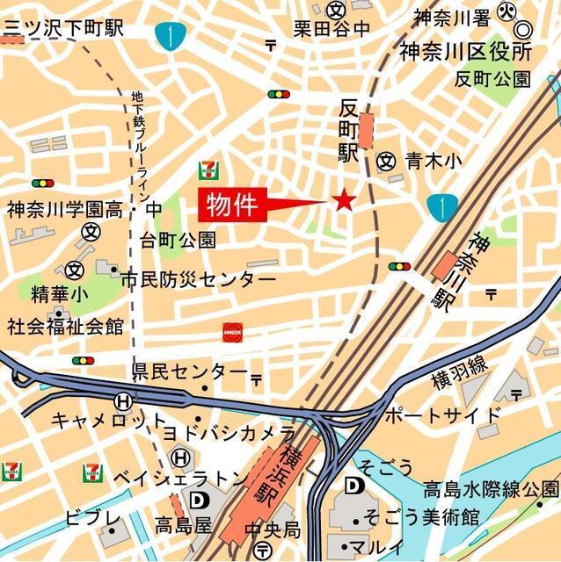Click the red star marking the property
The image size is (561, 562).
click(x=343, y=202)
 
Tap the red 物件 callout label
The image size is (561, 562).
click(x=232, y=205)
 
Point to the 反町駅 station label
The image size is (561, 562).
click(x=349, y=131)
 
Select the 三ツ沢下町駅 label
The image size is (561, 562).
click(x=62, y=27)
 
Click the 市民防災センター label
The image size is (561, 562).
click(x=198, y=280)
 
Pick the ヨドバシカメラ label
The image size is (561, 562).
click(x=229, y=433)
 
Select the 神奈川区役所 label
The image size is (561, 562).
click(x=466, y=51)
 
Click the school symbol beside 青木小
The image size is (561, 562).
click(x=385, y=161)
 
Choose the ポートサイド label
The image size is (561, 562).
click(x=442, y=414)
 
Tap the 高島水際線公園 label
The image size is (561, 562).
click(x=490, y=488)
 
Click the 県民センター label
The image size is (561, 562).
click(x=190, y=372)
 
